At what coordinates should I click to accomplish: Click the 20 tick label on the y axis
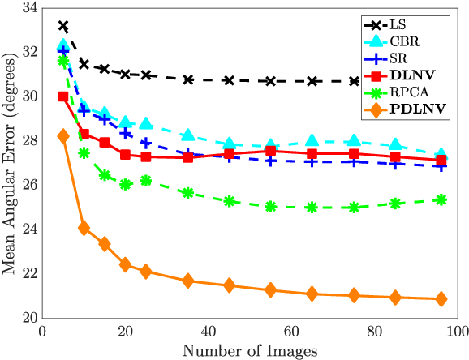pos(29,318)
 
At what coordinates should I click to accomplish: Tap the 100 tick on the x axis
pos(457,332)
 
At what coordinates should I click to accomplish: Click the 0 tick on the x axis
pos(43,332)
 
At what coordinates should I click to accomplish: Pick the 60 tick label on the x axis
pos(291,332)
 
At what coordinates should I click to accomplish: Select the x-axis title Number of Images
pos(249,350)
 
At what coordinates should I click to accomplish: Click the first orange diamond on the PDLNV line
pos(63,136)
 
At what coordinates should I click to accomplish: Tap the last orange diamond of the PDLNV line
pos(441,298)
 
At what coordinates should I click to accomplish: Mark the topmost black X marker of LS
pos(63,26)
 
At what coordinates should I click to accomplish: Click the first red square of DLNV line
pos(63,96)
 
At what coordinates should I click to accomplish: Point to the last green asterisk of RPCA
pos(441,199)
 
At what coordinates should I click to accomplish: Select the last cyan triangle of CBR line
pos(441,154)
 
